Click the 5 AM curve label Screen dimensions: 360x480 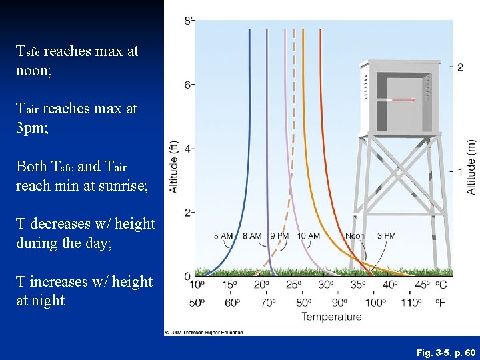(223, 236)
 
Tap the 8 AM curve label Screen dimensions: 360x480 (251, 236)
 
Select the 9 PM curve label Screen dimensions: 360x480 (279, 236)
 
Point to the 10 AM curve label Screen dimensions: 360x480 (309, 236)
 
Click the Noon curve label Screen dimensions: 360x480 (355, 236)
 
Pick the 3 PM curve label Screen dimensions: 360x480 (386, 236)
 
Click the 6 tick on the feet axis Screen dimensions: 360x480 (189, 85)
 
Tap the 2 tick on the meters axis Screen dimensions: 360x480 (460, 67)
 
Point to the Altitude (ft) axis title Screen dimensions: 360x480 (174, 167)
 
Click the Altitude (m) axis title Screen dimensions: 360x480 (471, 167)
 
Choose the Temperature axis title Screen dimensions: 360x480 (331, 316)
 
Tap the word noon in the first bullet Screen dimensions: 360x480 (30, 69)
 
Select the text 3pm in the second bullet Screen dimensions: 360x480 (30, 127)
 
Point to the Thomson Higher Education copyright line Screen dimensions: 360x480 (205, 332)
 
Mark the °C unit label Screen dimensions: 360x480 (441, 285)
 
